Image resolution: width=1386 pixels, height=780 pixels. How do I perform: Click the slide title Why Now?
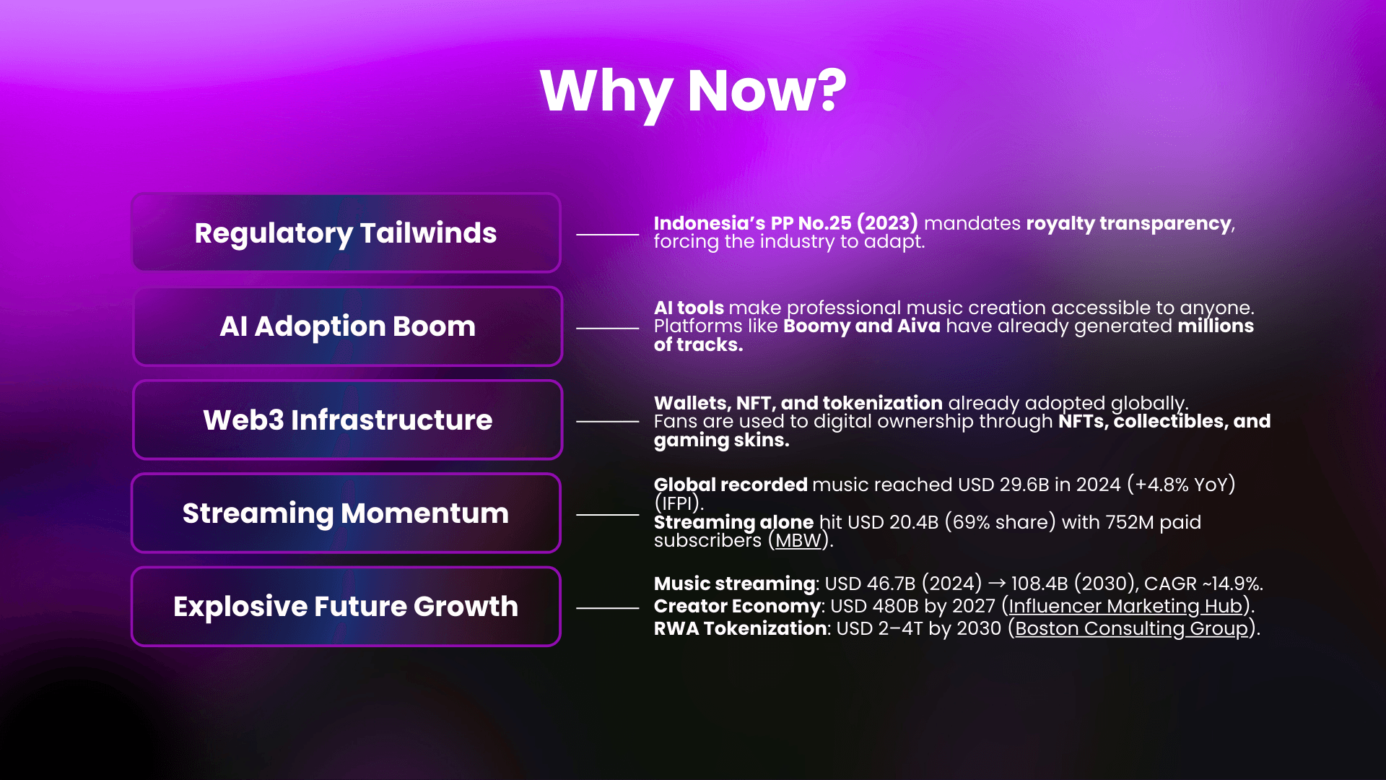point(693,92)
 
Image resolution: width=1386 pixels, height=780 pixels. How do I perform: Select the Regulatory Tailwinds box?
point(346,233)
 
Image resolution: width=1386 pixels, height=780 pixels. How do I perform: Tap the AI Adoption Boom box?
point(347,326)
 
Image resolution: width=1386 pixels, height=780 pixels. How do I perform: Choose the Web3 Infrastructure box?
point(347,420)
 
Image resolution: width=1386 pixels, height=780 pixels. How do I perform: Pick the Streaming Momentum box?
point(346,513)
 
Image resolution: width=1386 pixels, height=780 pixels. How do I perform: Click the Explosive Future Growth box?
point(346,606)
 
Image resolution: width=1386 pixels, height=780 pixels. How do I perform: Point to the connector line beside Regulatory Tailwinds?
point(607,235)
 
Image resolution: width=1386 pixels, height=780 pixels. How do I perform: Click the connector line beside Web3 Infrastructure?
point(607,421)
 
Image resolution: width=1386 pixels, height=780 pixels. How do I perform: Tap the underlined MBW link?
point(798,541)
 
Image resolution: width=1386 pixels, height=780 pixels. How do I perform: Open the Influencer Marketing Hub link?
point(1125,606)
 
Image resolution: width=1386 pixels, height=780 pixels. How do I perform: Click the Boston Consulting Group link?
point(1131,628)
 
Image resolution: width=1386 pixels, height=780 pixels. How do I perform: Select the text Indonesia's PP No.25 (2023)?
point(785,223)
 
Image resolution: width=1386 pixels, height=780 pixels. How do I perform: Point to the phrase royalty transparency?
point(1128,223)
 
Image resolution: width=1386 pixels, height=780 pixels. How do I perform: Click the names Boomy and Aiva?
point(861,326)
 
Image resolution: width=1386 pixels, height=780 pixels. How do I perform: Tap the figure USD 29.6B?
point(1003,485)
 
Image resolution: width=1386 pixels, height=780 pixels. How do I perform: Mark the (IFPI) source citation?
point(678,503)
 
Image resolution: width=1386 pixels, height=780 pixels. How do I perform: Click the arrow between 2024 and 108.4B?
point(996,584)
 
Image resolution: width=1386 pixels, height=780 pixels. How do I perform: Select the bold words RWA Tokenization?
point(740,628)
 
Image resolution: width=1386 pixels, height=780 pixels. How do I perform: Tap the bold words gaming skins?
point(721,440)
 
